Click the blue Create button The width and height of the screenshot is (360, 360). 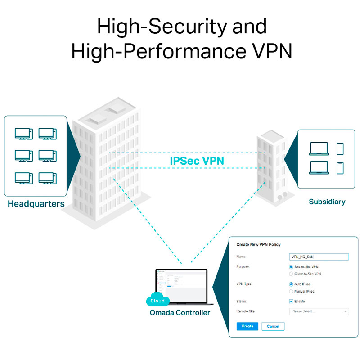(247, 326)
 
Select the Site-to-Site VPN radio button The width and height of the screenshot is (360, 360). (291, 267)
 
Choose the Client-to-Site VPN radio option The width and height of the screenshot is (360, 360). (291, 274)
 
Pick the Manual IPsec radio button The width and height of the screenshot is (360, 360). (291, 291)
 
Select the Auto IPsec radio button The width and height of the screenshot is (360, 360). (291, 284)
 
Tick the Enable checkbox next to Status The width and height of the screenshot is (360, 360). (291, 301)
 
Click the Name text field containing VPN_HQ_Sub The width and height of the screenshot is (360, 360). (319, 257)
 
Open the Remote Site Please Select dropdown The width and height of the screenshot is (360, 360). (319, 311)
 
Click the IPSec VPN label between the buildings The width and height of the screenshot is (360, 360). (197, 161)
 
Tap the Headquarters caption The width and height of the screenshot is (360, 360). (36, 204)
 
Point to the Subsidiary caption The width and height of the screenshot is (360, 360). (327, 202)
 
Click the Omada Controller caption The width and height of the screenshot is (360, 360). (180, 312)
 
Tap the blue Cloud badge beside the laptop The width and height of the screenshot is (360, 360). (157, 301)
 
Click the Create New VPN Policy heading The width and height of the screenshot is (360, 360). (258, 245)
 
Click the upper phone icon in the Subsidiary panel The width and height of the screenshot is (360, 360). (340, 148)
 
